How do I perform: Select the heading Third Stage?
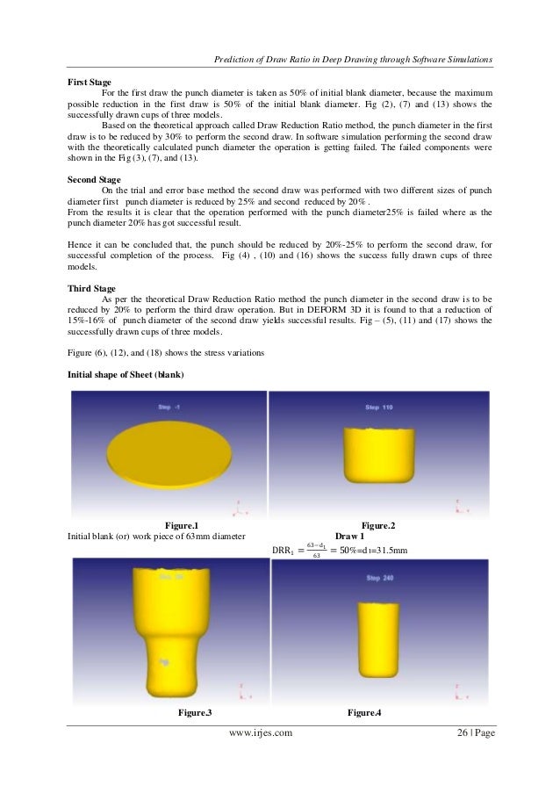(92, 287)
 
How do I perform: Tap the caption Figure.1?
(176, 525)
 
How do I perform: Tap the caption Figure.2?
(373, 525)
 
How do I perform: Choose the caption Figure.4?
(364, 710)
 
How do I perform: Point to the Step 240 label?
(377, 578)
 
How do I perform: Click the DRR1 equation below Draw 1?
(341, 551)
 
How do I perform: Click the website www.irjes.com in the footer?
(259, 733)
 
